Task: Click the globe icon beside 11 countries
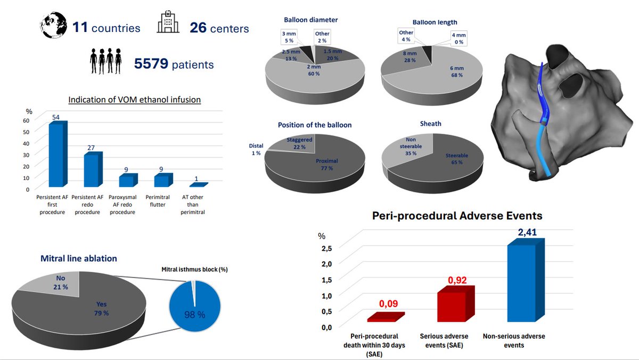(54, 25)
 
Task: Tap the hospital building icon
(168, 22)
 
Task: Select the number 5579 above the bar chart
(151, 63)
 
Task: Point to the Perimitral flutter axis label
(158, 201)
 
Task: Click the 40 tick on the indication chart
(26, 143)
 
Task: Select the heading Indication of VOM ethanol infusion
(134, 100)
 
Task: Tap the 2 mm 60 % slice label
(314, 70)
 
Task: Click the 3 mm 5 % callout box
(289, 37)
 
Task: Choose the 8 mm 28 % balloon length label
(409, 57)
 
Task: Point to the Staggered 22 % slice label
(299, 143)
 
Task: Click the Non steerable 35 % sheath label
(411, 146)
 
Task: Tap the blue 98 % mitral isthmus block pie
(195, 306)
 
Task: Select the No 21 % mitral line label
(61, 282)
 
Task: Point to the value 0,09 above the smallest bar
(388, 304)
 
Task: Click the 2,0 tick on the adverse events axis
(326, 264)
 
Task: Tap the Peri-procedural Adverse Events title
(457, 216)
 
